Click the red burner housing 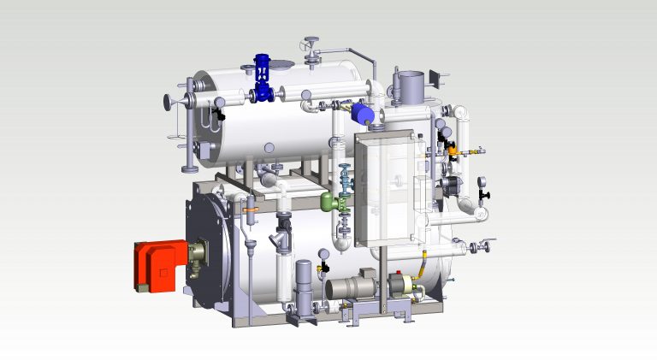point(156,265)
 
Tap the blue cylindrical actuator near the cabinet point(364,113)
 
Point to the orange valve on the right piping point(450,150)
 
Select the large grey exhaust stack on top point(408,86)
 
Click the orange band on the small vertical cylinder point(247,208)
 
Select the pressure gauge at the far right point(485,181)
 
